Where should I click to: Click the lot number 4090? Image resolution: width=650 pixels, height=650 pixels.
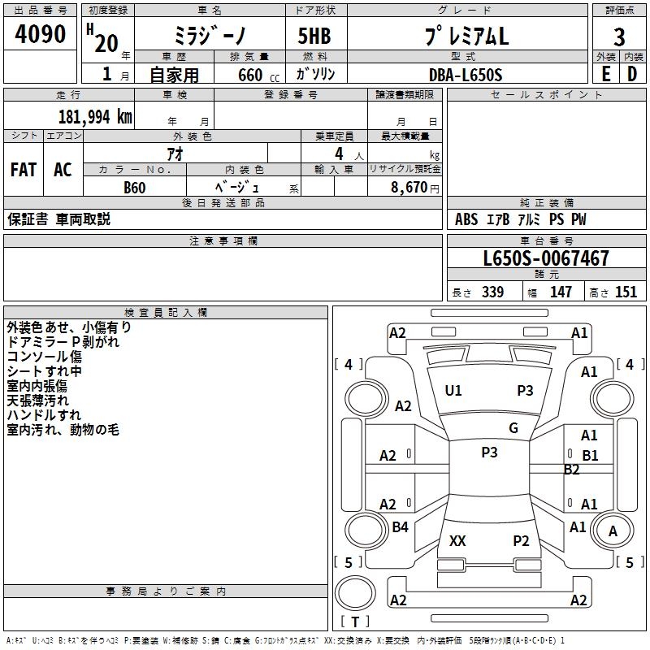pos(40,34)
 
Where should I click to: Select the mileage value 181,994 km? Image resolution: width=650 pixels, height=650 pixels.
pos(95,117)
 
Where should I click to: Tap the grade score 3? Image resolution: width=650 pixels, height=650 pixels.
pos(619,37)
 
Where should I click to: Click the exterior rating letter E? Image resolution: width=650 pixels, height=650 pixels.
pos(606,74)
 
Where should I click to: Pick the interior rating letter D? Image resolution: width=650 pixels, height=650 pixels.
pos(632,74)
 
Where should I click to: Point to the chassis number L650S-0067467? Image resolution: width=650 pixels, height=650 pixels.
pos(546,258)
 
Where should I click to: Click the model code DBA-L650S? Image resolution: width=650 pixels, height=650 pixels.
pos(466,75)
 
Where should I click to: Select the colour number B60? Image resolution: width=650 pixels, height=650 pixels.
pos(135,188)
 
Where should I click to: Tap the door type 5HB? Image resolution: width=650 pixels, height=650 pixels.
pos(314,36)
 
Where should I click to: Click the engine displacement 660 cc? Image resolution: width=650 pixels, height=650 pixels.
pos(258,75)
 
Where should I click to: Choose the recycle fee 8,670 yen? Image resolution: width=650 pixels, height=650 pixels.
pos(415,188)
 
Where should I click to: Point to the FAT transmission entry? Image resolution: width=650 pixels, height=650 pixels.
pos(24,170)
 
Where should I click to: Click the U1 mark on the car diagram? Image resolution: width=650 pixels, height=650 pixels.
pos(453,391)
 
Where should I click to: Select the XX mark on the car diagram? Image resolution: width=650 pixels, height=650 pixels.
pos(457,540)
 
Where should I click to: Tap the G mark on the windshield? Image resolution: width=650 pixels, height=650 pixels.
pos(513,427)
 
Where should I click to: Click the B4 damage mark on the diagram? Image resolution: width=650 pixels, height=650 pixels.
pos(400,526)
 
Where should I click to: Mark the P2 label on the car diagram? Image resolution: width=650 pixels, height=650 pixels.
pos(521,540)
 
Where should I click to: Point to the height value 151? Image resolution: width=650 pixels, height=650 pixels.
pos(626,292)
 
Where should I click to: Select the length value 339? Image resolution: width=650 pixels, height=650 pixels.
pos(493,292)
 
